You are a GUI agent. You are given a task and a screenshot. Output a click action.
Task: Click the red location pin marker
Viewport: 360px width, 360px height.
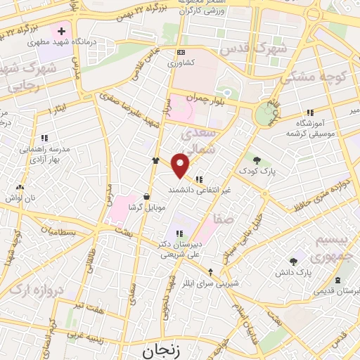(181, 164)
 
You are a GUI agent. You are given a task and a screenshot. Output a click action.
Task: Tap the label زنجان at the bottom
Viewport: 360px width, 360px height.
(159, 351)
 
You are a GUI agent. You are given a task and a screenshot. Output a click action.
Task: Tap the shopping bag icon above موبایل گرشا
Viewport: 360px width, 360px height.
(146, 196)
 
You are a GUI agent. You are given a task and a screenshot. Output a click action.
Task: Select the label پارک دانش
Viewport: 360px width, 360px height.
(303, 271)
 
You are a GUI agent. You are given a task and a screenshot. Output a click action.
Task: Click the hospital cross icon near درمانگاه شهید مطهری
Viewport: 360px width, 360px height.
(61, 32)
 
